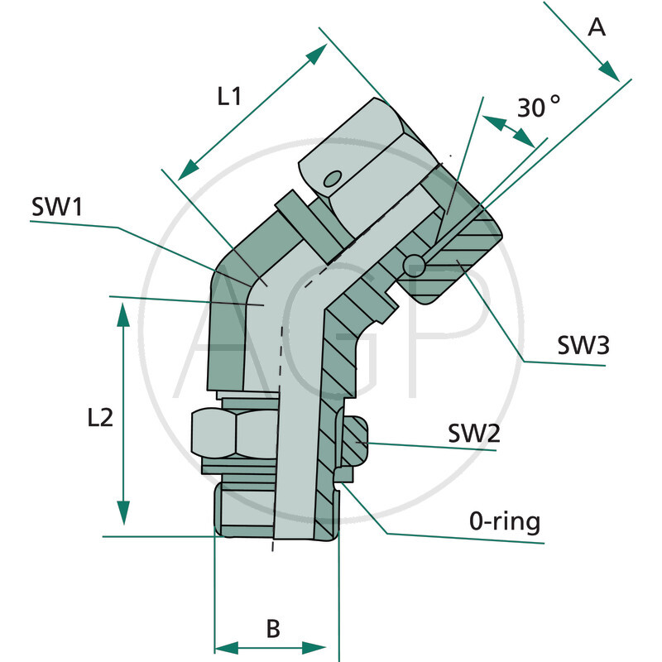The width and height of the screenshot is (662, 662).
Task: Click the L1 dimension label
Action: tap(229, 96)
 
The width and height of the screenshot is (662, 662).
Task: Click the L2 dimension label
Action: tap(99, 419)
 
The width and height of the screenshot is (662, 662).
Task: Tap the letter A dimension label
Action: tap(597, 27)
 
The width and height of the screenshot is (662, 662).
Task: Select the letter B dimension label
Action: tap(272, 628)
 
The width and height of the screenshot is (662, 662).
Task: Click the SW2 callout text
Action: tap(474, 434)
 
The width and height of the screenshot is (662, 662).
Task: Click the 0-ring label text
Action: tap(505, 522)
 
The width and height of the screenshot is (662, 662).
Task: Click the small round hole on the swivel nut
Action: tap(333, 178)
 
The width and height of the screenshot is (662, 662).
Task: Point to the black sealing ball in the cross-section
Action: tap(413, 264)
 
